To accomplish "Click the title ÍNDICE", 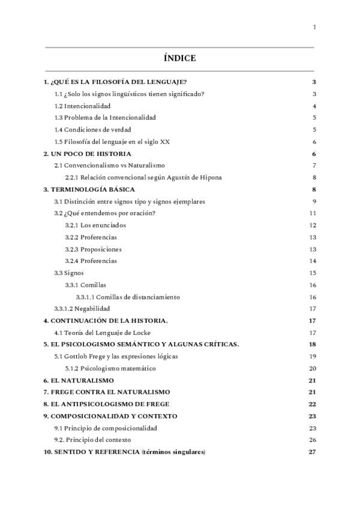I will click(x=179, y=58).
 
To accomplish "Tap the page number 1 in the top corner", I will click(x=314, y=27).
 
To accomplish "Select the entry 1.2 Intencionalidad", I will click(x=82, y=106).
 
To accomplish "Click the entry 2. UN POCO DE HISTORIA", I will click(x=87, y=154).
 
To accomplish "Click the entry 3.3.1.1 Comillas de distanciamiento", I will click(x=127, y=297).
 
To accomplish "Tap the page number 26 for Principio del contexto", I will click(x=312, y=440).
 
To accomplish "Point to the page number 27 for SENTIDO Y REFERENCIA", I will click(x=312, y=452).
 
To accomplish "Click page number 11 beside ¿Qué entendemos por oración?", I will click(x=312, y=213).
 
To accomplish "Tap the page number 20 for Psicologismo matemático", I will click(x=312, y=368).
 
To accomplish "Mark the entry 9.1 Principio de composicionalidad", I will click(x=106, y=428).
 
